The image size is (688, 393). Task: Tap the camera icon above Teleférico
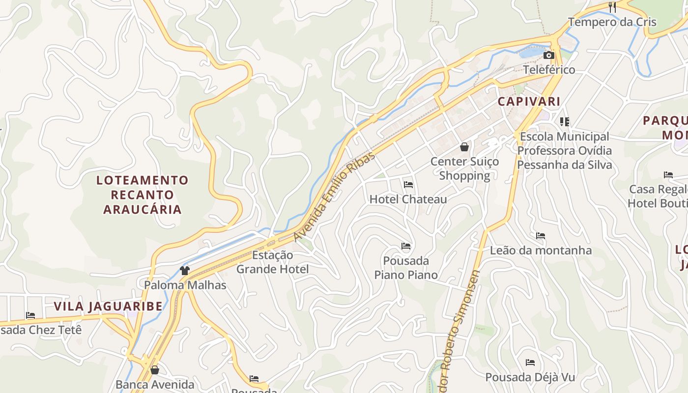pos(549,56)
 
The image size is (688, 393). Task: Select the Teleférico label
pos(549,70)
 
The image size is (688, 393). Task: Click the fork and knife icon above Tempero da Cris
pos(612,7)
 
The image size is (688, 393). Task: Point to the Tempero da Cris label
pos(612,22)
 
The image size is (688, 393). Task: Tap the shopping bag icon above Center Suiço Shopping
pos(464,146)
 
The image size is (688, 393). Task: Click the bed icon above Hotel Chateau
pos(408,185)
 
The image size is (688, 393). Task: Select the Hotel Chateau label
pos(408,199)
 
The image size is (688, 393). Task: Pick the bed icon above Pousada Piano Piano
pos(406,246)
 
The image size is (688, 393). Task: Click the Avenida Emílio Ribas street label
pos(335,196)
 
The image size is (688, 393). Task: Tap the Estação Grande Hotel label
pos(273,262)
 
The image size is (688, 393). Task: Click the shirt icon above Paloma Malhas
pos(185,270)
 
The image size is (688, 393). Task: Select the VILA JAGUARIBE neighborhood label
pos(108,307)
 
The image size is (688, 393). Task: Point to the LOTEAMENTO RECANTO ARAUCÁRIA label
pos(143,195)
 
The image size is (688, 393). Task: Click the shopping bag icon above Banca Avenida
pos(155,370)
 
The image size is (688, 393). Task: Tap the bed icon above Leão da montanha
pos(541,236)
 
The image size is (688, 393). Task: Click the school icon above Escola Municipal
pos(564,121)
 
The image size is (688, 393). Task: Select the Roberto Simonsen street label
pos(460,329)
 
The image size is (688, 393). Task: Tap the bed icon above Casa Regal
pos(668,174)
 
